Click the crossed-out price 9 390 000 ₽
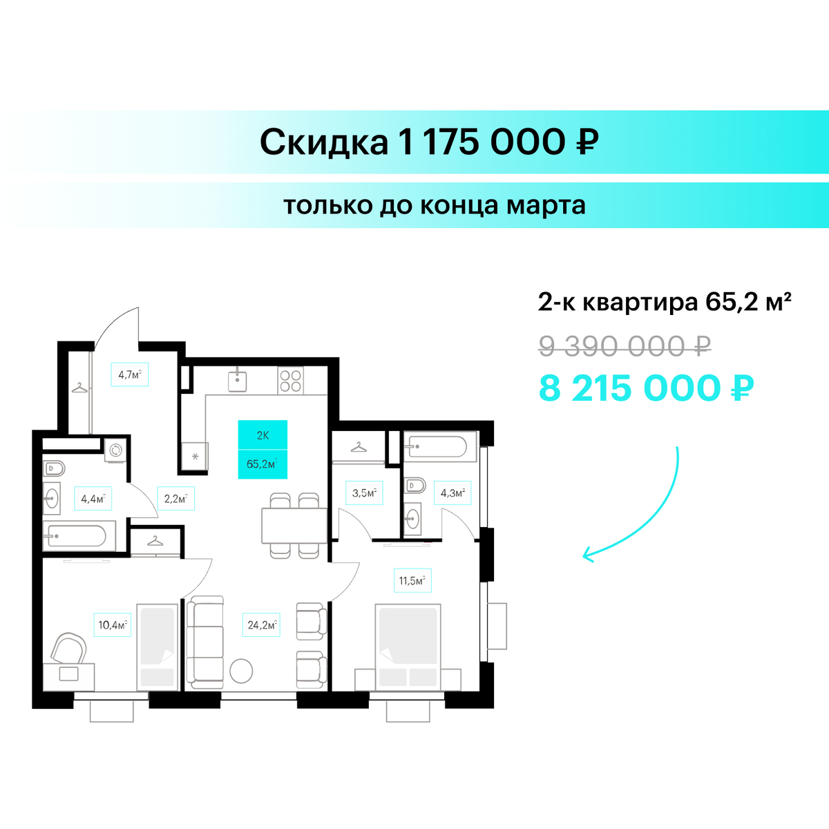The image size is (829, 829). pyautogui.click(x=625, y=346)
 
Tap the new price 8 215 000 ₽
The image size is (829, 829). pyautogui.click(x=646, y=388)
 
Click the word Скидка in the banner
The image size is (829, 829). pyautogui.click(x=324, y=142)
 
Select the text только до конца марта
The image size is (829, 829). pyautogui.click(x=435, y=205)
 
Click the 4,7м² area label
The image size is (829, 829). pyautogui.click(x=129, y=374)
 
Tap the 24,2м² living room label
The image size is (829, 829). pyautogui.click(x=261, y=625)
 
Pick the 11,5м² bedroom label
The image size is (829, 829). pyautogui.click(x=412, y=581)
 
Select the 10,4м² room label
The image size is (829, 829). pyautogui.click(x=113, y=625)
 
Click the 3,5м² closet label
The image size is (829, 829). pyautogui.click(x=364, y=493)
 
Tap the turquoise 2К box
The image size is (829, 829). pyautogui.click(x=263, y=435)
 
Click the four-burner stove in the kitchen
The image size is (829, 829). pyautogui.click(x=290, y=381)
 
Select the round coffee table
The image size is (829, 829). pyautogui.click(x=241, y=671)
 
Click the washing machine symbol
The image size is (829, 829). pyautogui.click(x=116, y=450)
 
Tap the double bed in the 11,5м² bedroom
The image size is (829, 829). pyautogui.click(x=408, y=646)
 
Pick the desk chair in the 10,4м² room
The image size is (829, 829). pyautogui.click(x=69, y=648)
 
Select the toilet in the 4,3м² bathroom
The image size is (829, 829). pyautogui.click(x=415, y=486)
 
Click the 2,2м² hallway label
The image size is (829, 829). pyautogui.click(x=176, y=499)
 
